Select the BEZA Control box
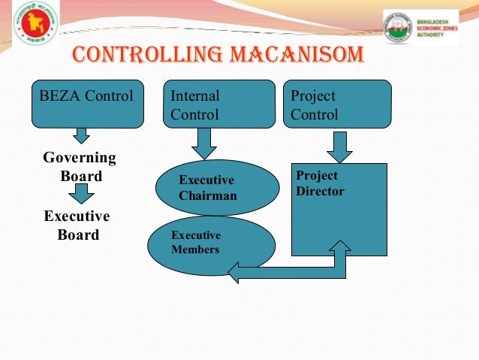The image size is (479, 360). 87,104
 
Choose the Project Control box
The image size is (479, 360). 339,104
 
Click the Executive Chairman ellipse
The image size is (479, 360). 206,188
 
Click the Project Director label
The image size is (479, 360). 320,183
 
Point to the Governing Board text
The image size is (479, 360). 80,167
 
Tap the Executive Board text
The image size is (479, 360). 77,225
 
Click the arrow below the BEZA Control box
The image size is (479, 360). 82,135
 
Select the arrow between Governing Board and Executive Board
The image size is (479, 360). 81,195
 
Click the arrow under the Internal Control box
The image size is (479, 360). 203,142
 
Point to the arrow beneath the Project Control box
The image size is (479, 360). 339,147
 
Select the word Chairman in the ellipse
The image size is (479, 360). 208,196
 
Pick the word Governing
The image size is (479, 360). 80,158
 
